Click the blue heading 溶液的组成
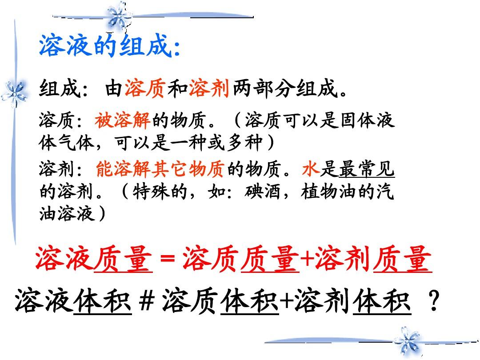106,46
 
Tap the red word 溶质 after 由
145,88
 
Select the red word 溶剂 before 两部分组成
209,88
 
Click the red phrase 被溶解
122,120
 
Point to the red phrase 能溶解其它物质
160,169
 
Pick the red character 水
310,169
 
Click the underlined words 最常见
366,169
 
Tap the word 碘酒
262,192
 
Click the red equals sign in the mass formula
168,259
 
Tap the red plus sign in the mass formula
307,259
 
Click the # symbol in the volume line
146,301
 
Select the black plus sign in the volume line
287,301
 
